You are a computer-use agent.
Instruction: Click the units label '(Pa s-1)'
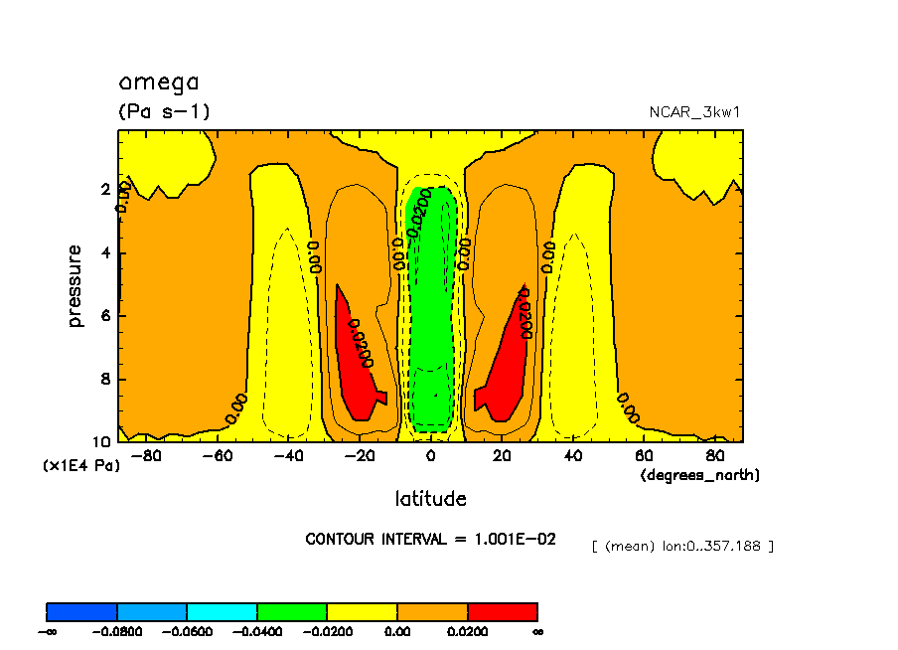coord(164,112)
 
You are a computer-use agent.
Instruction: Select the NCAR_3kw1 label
coord(694,112)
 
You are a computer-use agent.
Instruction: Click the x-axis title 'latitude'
coord(430,498)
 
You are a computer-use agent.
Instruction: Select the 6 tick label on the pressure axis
coord(105,316)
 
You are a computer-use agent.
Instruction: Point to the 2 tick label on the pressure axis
coord(105,189)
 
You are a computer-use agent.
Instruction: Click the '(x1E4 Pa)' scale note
coord(80,465)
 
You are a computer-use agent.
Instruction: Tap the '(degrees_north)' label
coord(699,475)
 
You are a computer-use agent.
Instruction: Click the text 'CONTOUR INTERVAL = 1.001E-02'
coord(430,539)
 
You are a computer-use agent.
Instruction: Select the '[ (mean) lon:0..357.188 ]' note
coord(681,546)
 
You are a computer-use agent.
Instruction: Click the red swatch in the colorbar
coord(502,611)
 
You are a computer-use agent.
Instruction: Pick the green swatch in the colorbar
coord(292,611)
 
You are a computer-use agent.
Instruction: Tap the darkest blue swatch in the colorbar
coord(82,611)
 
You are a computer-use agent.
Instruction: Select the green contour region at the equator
coord(430,318)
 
